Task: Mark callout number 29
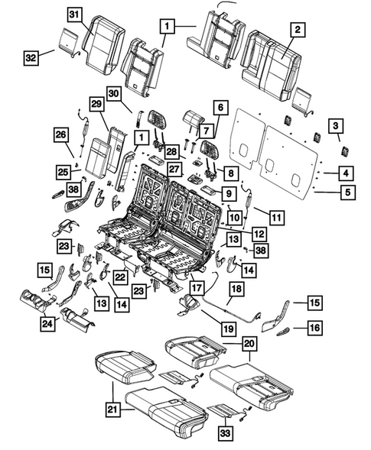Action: pyautogui.click(x=96, y=103)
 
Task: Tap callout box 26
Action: pyautogui.click(x=59, y=136)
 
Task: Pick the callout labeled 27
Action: pyautogui.click(x=174, y=170)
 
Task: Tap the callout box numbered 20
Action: pyautogui.click(x=249, y=344)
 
